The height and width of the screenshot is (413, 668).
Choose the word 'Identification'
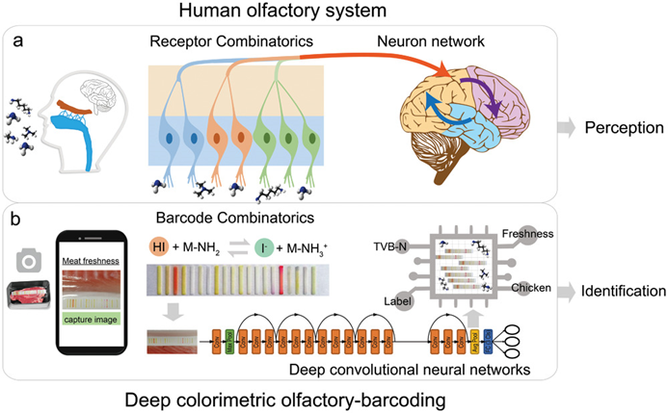pyautogui.click(x=623, y=289)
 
